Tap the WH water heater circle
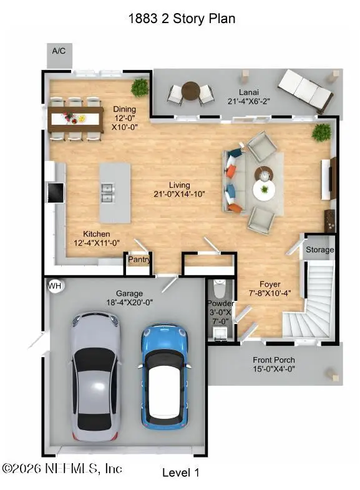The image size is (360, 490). [x=54, y=285]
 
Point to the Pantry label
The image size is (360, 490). [x=139, y=259]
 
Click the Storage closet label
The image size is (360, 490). [x=319, y=250]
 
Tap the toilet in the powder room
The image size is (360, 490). [x=220, y=290]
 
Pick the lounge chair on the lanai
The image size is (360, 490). [x=306, y=89]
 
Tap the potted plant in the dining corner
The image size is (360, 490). [x=140, y=87]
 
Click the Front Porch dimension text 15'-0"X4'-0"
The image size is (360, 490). [x=274, y=369]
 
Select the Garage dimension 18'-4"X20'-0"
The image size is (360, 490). [x=130, y=302]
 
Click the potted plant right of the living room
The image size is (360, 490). [x=322, y=132]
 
